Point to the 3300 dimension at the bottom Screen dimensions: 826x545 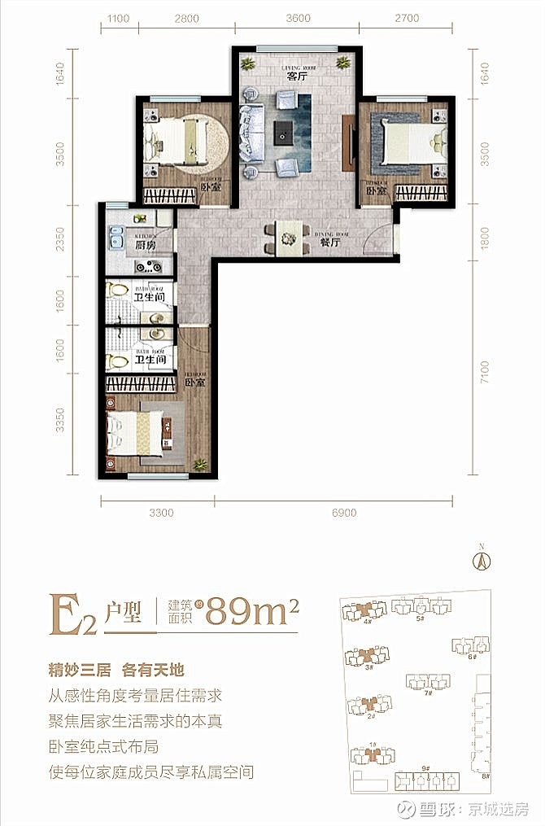(161, 514)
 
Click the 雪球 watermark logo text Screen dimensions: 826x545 (435, 810)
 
